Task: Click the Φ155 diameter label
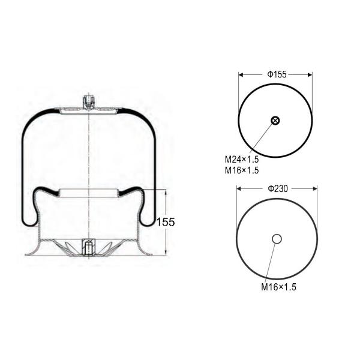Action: coord(277,74)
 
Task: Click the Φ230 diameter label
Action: coord(277,188)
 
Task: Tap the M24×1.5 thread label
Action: coord(242,160)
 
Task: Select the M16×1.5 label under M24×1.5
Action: coord(242,170)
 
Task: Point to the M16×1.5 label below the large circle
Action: coord(278,287)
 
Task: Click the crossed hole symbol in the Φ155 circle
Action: coord(275,121)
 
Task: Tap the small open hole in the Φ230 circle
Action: coord(277,239)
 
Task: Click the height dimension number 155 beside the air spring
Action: coord(166,222)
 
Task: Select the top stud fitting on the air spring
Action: coord(89,101)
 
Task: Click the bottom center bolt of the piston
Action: coord(88,247)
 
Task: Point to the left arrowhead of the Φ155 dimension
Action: coord(241,75)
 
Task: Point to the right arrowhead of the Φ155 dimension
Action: coord(310,75)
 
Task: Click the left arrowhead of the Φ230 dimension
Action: coord(239,188)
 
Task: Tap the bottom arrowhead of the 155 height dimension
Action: coord(166,253)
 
